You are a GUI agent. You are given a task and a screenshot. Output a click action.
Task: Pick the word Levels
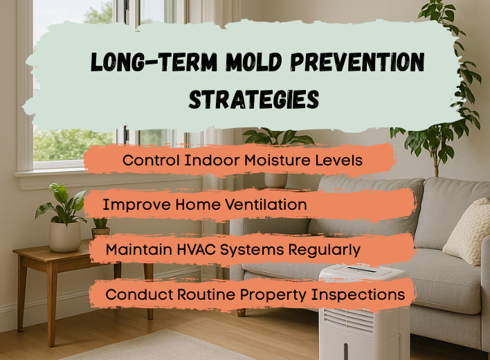tap(337, 160)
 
